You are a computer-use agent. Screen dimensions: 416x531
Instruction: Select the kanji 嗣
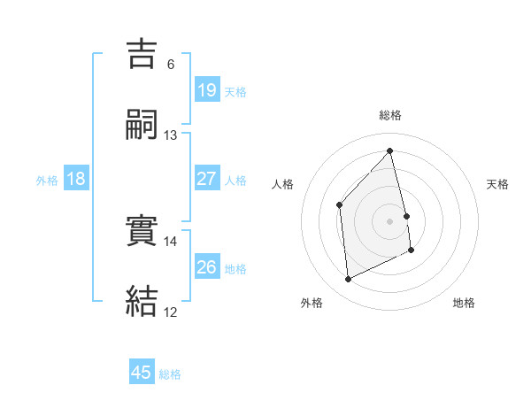(142, 125)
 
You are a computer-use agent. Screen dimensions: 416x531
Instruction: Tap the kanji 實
(142, 232)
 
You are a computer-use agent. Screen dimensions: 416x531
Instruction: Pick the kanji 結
(142, 302)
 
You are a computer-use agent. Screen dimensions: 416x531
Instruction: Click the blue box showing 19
(206, 90)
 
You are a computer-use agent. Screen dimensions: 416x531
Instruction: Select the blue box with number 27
(206, 179)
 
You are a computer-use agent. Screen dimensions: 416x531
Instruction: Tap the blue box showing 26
(206, 267)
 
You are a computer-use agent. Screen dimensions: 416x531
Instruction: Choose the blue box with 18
(76, 179)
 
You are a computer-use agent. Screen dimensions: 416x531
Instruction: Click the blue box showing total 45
(141, 373)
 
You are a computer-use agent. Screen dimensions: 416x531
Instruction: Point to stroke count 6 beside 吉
(171, 65)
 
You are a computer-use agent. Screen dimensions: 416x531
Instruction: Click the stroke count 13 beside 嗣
(171, 135)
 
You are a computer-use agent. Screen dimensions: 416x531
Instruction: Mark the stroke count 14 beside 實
(171, 241)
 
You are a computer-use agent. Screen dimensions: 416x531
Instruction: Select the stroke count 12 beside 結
(171, 312)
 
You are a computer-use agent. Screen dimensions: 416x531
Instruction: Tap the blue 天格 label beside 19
(235, 92)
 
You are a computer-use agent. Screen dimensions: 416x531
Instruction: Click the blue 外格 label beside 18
(47, 181)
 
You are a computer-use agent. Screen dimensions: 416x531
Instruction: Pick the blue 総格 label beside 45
(170, 374)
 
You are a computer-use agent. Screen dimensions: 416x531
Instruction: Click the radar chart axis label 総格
(390, 114)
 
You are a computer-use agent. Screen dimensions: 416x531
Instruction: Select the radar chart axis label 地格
(464, 303)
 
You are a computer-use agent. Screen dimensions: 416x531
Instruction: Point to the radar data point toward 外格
(348, 280)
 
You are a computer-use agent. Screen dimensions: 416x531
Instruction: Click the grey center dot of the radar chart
(390, 220)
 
